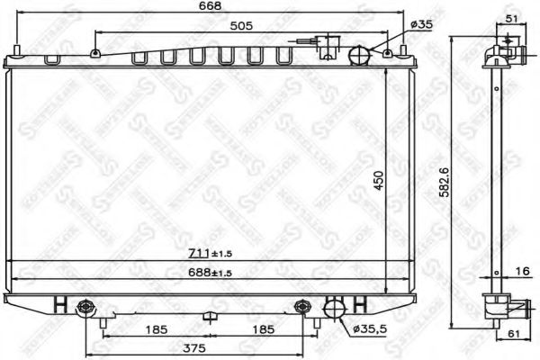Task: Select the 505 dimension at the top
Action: [x=238, y=27]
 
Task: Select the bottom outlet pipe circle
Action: [x=335, y=309]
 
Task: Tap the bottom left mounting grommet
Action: [x=87, y=308]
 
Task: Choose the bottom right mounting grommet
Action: [x=301, y=308]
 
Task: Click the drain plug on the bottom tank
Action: [x=208, y=317]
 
